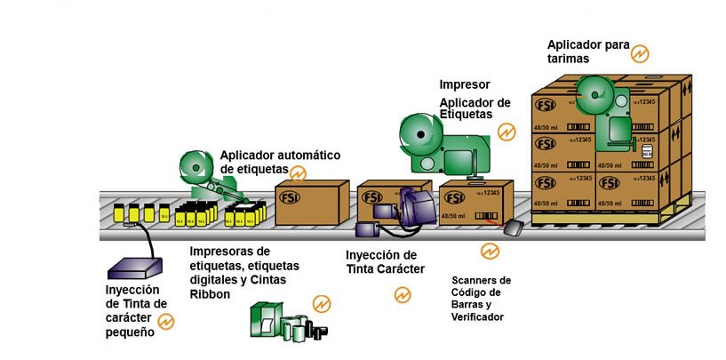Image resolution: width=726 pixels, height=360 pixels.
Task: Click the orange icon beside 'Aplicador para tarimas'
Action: [637, 53]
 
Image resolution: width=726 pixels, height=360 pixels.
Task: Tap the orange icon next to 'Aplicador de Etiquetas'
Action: [507, 132]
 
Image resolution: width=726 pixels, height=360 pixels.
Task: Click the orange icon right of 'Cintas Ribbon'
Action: [321, 304]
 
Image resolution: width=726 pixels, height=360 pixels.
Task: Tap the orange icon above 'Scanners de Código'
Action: [490, 252]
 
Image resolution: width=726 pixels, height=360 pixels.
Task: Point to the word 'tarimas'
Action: [570, 59]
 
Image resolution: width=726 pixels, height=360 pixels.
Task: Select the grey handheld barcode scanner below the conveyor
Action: [515, 229]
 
